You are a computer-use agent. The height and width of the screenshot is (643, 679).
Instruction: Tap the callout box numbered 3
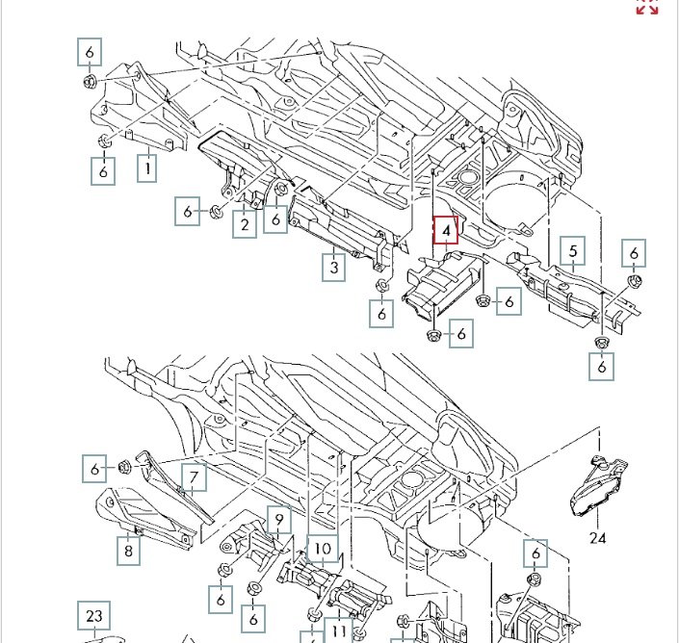tap(333, 267)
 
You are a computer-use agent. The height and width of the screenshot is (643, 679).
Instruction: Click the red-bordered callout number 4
tap(446, 231)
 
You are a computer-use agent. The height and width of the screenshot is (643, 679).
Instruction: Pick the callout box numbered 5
tap(573, 252)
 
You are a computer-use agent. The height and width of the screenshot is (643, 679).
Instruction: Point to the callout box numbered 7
tap(193, 476)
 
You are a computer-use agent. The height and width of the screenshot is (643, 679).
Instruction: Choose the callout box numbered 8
tap(128, 551)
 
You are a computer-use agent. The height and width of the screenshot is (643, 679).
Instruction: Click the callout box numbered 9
tap(277, 521)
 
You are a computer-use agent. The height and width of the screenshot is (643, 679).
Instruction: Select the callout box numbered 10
tap(323, 550)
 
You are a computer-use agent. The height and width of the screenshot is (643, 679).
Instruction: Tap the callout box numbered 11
tap(339, 630)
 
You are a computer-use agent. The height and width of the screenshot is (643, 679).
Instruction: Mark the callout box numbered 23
tap(93, 615)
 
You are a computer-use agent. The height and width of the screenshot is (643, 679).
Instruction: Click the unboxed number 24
tap(598, 537)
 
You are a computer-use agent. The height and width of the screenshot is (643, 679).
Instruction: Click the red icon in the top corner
tap(647, 7)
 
